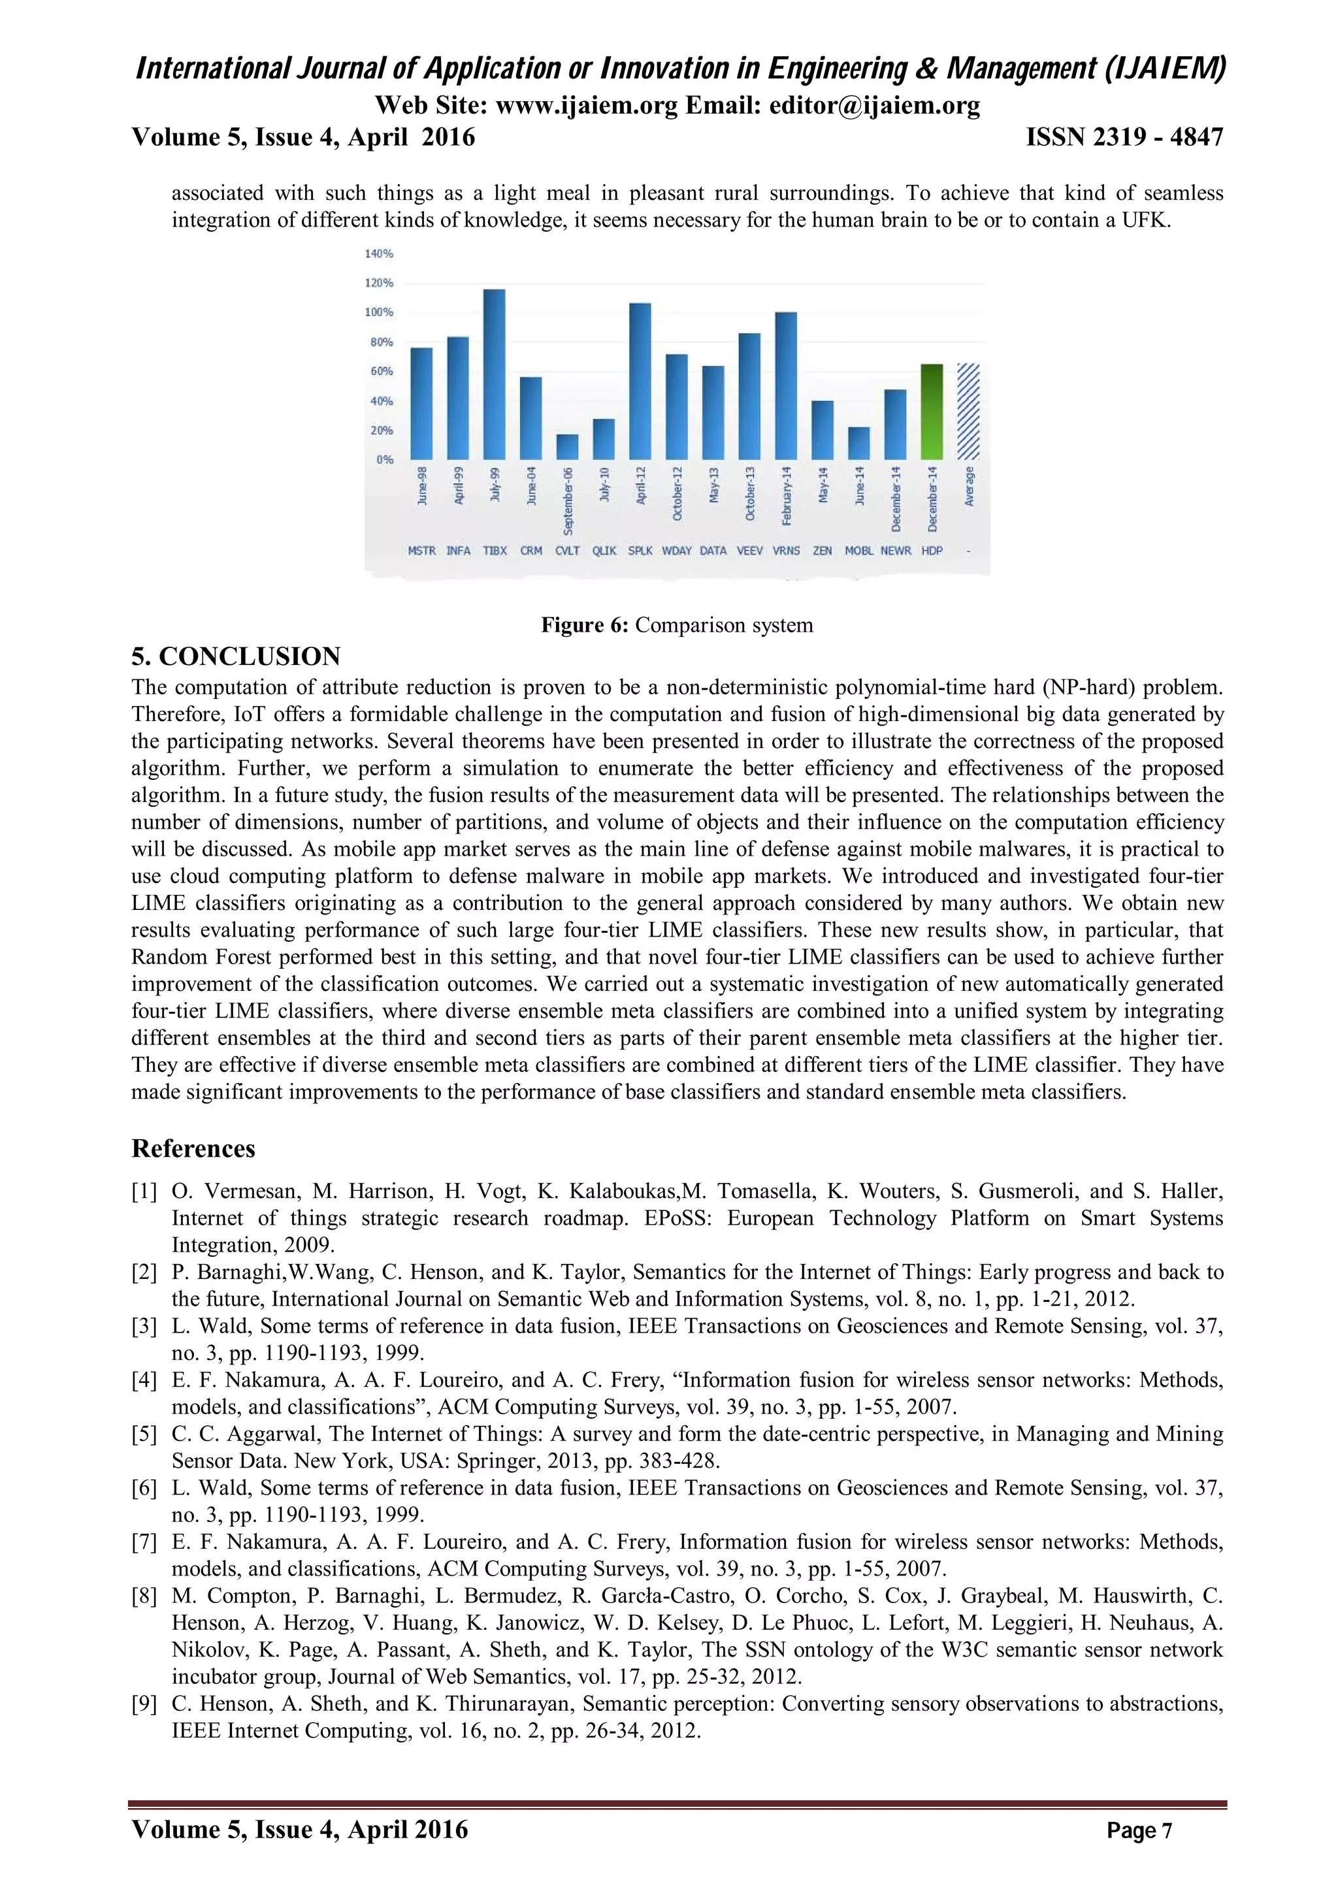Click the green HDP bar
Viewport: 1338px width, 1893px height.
(x=932, y=412)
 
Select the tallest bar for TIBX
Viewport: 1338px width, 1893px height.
(x=494, y=375)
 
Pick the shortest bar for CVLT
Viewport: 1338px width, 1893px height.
(x=567, y=447)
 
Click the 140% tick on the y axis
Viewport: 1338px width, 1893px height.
(x=379, y=254)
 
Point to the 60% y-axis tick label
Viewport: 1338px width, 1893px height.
(x=381, y=372)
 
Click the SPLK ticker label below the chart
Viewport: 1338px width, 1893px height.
(x=640, y=551)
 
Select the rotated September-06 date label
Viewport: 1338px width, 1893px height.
(x=568, y=501)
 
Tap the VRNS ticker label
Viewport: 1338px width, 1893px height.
(x=786, y=551)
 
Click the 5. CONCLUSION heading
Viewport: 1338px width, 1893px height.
(x=236, y=656)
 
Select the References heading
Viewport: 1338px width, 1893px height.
(x=194, y=1148)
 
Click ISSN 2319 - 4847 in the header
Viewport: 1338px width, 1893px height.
(x=1124, y=137)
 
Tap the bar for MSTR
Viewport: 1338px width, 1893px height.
(x=421, y=404)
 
